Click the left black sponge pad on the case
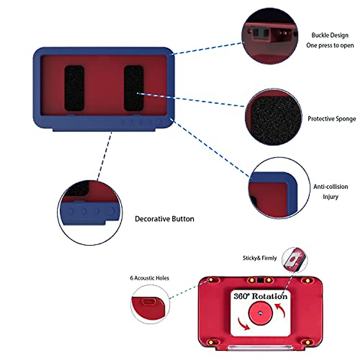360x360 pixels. click(x=74, y=88)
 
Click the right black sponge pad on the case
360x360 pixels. click(x=133, y=88)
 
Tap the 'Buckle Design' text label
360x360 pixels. click(x=330, y=35)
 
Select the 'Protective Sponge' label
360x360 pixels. click(x=331, y=119)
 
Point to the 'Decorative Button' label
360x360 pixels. click(x=164, y=219)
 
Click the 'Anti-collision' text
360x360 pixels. click(x=331, y=187)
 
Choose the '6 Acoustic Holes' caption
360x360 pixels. click(x=149, y=278)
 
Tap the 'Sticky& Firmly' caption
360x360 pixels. click(x=259, y=258)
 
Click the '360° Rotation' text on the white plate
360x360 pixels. click(x=260, y=296)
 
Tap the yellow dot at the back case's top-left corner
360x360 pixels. click(x=211, y=280)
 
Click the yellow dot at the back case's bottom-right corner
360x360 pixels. click(x=307, y=342)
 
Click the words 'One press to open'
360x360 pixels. click(x=330, y=46)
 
